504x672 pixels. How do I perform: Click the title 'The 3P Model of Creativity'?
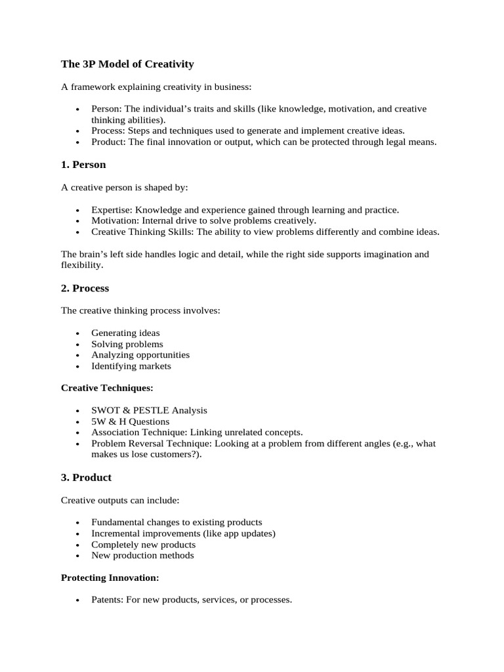127,64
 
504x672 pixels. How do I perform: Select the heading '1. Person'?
83,165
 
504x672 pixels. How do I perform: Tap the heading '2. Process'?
85,288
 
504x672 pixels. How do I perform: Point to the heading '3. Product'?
86,477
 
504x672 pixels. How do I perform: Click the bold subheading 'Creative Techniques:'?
106,388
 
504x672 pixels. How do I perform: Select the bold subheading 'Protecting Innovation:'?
110,577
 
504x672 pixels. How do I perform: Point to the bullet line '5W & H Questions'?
130,421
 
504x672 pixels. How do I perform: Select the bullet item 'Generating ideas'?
125,333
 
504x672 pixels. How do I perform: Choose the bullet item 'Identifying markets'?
131,366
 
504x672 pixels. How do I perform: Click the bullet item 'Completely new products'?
143,545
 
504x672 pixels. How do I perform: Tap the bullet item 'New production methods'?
142,556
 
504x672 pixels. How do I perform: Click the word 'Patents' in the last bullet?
108,600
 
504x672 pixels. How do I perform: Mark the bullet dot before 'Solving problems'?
77,345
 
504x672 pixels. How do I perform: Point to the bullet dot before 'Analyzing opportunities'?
77,356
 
